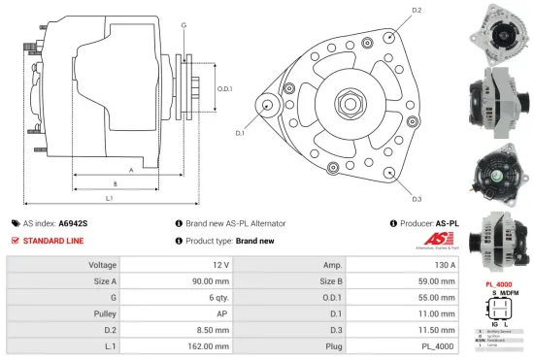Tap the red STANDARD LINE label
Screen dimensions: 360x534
click(x=53, y=241)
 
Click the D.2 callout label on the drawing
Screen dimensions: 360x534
click(x=417, y=11)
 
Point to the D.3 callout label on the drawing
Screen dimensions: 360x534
click(x=417, y=199)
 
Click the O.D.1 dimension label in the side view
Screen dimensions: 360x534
click(x=224, y=89)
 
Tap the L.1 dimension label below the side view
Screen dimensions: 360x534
click(x=109, y=199)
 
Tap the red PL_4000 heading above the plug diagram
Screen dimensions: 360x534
click(x=498, y=284)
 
